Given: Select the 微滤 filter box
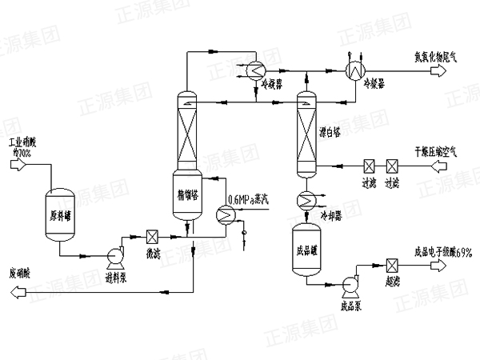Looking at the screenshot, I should click(x=152, y=238).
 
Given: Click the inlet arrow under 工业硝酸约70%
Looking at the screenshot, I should click(x=20, y=164).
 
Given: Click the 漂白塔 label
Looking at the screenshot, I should click(x=330, y=131).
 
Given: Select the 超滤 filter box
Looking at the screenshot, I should click(x=392, y=266).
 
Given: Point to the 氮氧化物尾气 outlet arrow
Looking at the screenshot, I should click(x=438, y=71).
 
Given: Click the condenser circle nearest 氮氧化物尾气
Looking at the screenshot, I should click(x=353, y=71).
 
